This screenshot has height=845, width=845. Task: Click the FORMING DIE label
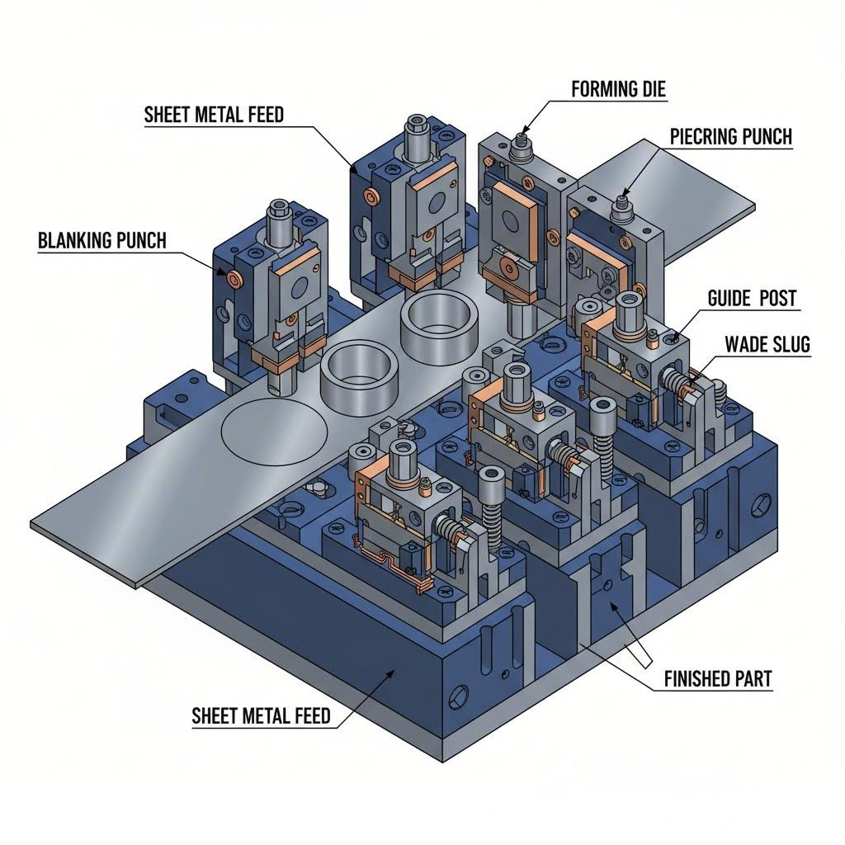click(618, 88)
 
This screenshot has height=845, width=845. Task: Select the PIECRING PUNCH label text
click(730, 137)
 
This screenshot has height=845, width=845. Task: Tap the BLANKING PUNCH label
click(102, 241)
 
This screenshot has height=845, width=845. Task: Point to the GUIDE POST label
click(752, 298)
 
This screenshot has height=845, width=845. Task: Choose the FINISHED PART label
click(718, 679)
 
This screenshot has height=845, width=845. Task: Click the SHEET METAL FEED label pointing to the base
click(261, 715)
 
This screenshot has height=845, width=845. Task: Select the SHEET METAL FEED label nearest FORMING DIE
click(214, 115)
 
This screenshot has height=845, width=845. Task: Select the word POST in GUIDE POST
click(777, 298)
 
